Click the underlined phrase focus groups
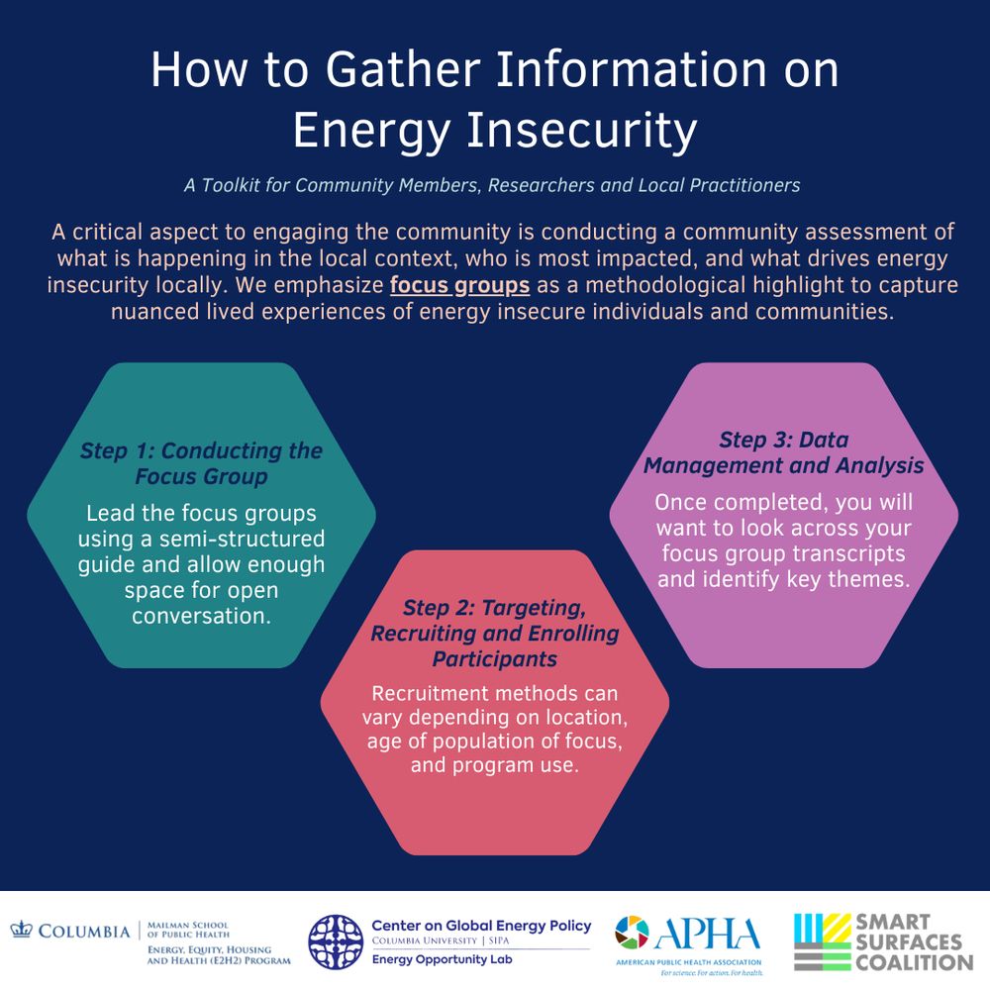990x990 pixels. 459,285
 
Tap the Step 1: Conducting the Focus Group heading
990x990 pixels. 201,462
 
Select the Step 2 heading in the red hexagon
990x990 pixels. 495,633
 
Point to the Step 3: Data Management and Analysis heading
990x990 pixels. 783,452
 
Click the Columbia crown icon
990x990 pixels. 21,930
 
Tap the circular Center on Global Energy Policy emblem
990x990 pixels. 336,942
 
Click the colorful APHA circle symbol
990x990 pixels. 632,932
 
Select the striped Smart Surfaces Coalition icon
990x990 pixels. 822,942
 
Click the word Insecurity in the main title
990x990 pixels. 581,130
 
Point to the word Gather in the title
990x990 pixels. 403,69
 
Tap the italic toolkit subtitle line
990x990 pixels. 492,185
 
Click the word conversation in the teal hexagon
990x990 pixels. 201,616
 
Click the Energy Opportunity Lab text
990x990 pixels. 442,959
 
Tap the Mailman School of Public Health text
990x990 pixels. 188,930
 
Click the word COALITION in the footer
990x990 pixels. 914,963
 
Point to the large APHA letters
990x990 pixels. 707,934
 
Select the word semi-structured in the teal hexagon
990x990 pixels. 242,539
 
